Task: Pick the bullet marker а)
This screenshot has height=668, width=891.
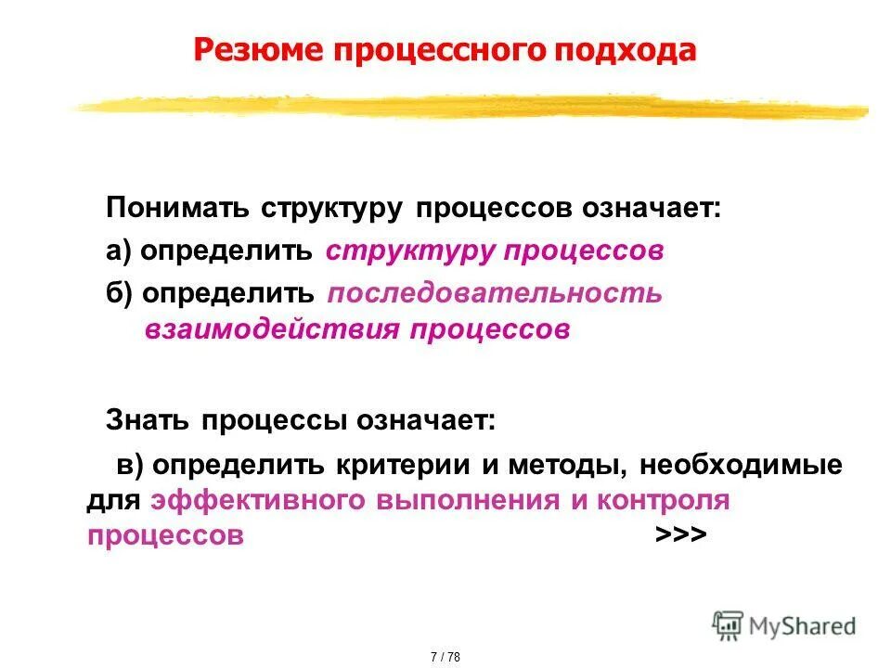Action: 120,251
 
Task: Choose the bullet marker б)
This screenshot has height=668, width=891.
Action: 120,294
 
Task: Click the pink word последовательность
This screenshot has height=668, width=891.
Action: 495,294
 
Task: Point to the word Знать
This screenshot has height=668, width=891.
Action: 145,420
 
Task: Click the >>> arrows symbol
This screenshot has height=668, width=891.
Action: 681,535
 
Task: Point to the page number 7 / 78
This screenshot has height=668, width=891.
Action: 445,657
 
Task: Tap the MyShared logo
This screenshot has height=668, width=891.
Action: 784,625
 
